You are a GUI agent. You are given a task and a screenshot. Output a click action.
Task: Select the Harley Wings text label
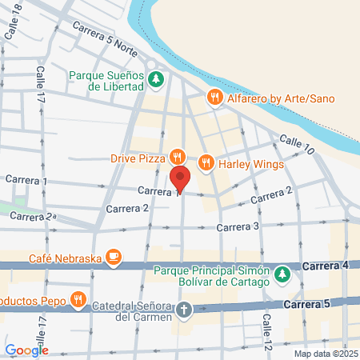pos(245,163)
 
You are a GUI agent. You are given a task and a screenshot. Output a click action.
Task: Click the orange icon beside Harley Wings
pos(206,162)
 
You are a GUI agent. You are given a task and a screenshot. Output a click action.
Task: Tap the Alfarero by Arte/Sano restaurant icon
pos(214,98)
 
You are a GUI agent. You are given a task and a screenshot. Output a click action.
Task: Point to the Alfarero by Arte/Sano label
pos(278,98)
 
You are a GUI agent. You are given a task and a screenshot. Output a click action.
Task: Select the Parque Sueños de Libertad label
pos(106,80)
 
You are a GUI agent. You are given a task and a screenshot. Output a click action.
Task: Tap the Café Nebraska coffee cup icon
pos(114,257)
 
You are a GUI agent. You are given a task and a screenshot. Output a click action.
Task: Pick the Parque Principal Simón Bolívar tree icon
pos(282,275)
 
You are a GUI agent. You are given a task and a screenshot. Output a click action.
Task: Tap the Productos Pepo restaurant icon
pos(78,301)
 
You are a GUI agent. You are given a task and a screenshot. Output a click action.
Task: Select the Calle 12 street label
pos(267,329)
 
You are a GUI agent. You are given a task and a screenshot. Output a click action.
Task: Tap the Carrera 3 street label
pos(238,227)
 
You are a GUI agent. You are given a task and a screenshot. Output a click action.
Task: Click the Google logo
pos(26,350)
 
